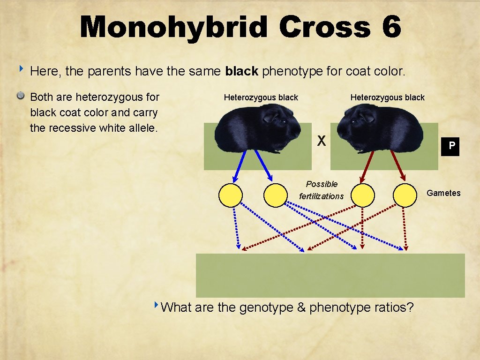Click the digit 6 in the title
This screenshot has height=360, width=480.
coord(391,27)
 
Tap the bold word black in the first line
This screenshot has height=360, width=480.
coord(242,71)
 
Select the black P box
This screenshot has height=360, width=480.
coord(451,146)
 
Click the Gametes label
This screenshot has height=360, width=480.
coord(443,193)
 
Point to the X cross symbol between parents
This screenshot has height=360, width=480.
coord(322,140)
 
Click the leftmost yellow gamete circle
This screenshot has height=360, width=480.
coord(231,195)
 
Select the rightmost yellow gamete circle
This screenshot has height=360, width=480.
coord(405,195)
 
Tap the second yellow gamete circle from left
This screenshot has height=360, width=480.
coord(275,195)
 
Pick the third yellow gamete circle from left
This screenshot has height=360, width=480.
coord(362,195)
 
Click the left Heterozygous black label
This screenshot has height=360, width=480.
coord(261,97)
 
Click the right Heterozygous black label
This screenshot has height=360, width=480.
coord(388,97)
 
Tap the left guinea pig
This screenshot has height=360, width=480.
coord(258,129)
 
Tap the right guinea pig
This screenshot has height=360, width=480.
coord(380,129)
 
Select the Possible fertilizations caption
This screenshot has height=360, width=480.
coord(322,190)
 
